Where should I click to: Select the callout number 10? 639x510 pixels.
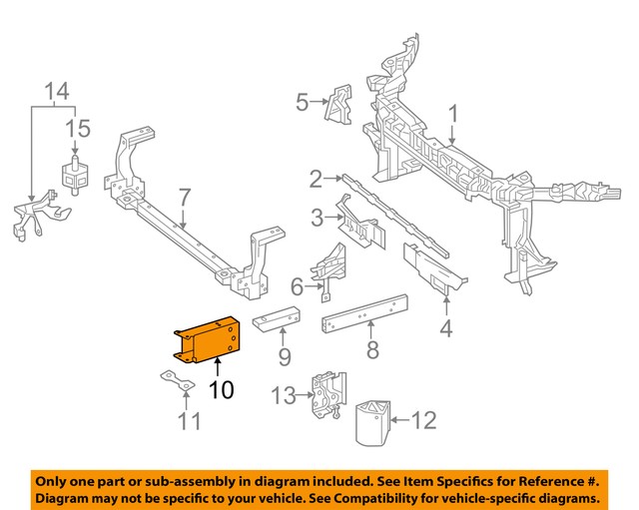221,390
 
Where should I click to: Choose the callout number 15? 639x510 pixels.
77,128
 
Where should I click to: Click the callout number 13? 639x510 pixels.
284,396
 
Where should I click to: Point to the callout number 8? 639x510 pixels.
371,350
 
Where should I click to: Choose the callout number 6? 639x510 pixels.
297,287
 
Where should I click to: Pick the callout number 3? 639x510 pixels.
316,217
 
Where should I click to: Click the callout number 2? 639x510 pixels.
316,180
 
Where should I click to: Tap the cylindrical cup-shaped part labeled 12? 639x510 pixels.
374,418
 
